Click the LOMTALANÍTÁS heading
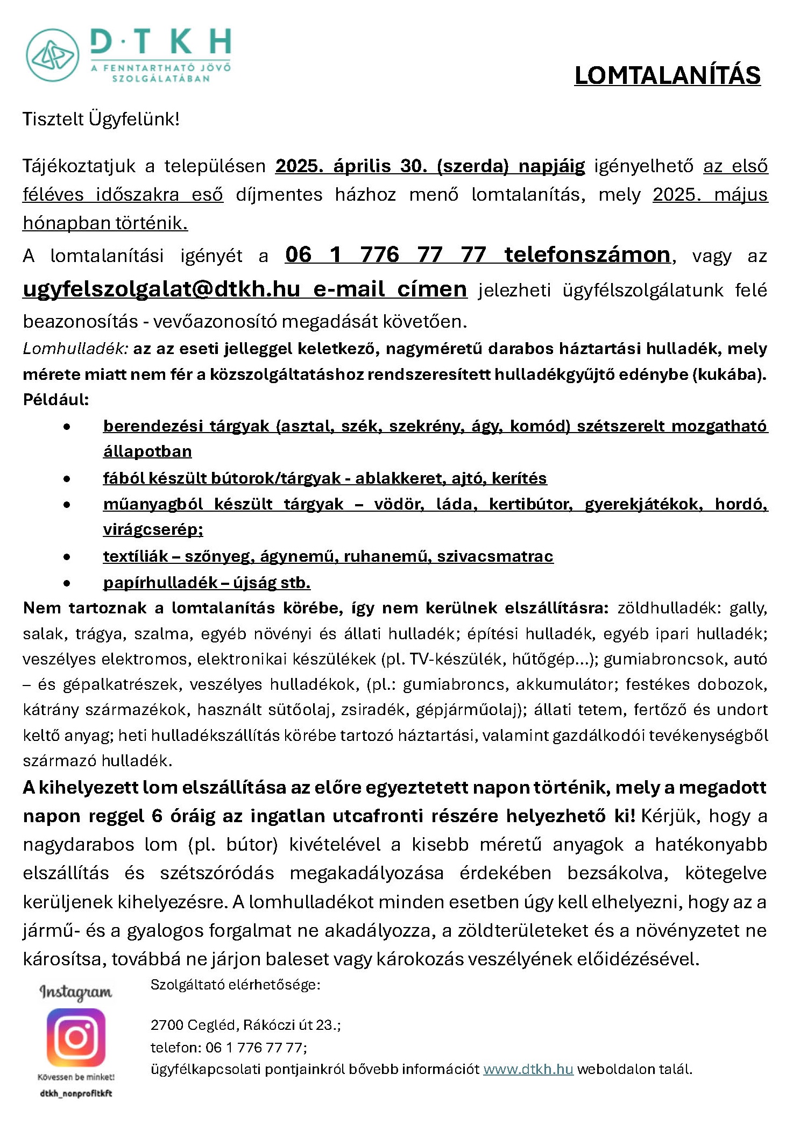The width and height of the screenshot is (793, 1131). click(x=667, y=75)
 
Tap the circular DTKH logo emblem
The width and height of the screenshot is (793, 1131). click(x=53, y=55)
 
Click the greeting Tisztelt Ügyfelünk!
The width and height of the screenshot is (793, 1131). click(x=101, y=119)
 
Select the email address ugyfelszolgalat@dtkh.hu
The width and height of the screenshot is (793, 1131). click(x=161, y=289)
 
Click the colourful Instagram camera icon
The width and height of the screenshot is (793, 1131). click(x=76, y=1037)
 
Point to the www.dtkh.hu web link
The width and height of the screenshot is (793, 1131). click(x=528, y=1069)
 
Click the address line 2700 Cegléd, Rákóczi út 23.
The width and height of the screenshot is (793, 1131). click(x=245, y=1024)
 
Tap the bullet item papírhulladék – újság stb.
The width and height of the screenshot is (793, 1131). click(x=207, y=582)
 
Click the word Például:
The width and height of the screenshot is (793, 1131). click(x=56, y=399)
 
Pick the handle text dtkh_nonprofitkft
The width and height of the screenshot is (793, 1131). click(x=76, y=1093)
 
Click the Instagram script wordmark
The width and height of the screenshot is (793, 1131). click(x=76, y=991)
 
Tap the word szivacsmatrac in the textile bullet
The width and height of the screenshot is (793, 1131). click(x=495, y=556)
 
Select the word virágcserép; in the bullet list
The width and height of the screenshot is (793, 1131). click(x=153, y=529)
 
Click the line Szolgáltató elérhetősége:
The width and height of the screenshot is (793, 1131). click(x=235, y=985)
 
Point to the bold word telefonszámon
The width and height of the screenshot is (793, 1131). click(x=587, y=255)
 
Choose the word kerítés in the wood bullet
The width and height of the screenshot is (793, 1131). click(x=519, y=478)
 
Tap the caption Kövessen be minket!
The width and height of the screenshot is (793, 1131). click(x=76, y=1077)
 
